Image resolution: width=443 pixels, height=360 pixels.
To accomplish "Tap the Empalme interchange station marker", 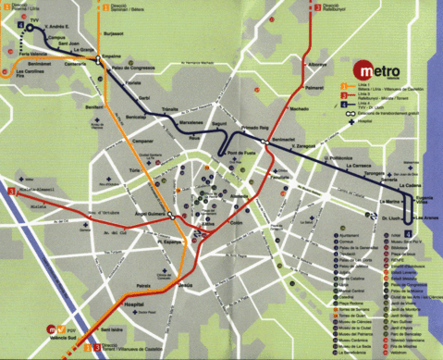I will pos(98,61).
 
